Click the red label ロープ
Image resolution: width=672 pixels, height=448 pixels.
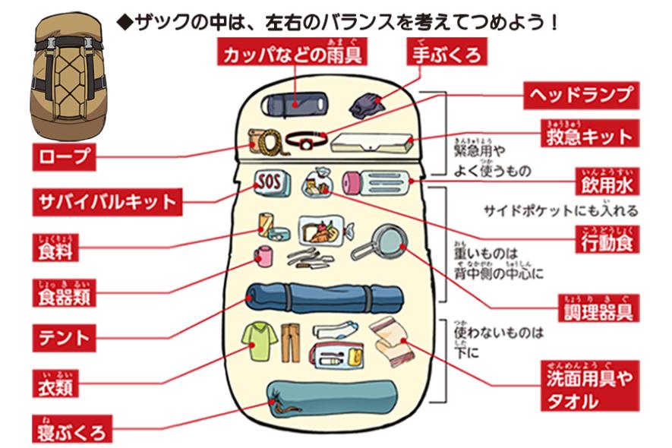tap(64, 157)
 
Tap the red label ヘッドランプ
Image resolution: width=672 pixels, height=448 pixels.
tap(580, 95)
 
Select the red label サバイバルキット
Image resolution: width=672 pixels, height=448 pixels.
tap(107, 203)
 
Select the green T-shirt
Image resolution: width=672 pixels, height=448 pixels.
tap(257, 341)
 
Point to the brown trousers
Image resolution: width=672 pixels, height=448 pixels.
tap(289, 342)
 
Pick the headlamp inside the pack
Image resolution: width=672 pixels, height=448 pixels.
tap(306, 140)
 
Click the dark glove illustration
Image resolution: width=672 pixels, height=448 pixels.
tap(366, 104)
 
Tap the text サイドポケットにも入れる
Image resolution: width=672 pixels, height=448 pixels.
tap(561, 211)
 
